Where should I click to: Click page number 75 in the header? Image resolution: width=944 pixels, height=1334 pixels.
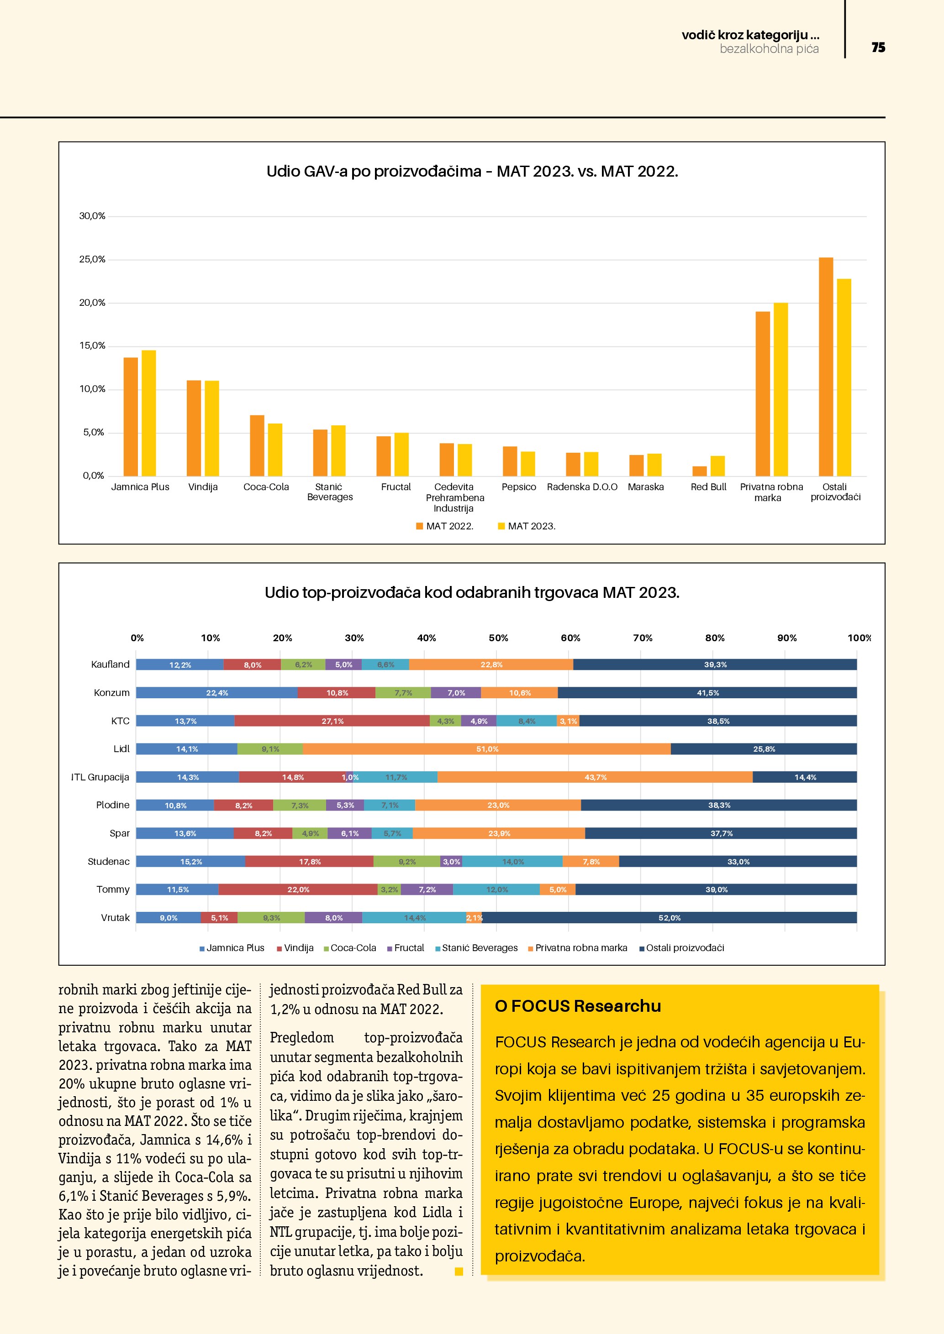coord(878,47)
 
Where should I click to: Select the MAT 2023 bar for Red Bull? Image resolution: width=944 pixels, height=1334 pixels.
coord(717,466)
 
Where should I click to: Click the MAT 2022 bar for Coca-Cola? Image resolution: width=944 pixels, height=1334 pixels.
coord(257,445)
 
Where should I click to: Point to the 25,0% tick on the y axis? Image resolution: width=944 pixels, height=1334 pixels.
coord(92,260)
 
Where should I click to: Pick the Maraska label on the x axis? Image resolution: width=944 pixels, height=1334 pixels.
coord(645,487)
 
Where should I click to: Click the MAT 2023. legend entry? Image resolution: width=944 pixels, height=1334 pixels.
coord(527,526)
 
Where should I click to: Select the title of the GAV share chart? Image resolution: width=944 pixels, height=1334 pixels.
coord(472,172)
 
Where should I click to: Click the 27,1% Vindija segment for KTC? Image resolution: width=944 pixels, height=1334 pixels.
coord(332,721)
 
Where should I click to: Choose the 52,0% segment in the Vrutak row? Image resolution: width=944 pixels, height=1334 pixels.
coord(669,918)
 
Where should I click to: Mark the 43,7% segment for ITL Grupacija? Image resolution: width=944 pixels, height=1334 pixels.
coord(595,777)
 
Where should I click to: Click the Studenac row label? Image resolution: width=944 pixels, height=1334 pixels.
coord(109,862)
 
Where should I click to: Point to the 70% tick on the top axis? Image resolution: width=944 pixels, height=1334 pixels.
coord(642,638)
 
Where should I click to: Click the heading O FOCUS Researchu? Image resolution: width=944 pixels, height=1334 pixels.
coord(578,1006)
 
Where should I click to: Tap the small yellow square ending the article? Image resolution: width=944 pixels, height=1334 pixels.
coord(459,1271)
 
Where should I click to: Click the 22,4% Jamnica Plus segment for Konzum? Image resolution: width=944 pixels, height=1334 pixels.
coord(217,693)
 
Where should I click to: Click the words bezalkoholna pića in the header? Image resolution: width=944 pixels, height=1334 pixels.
coord(769,49)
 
